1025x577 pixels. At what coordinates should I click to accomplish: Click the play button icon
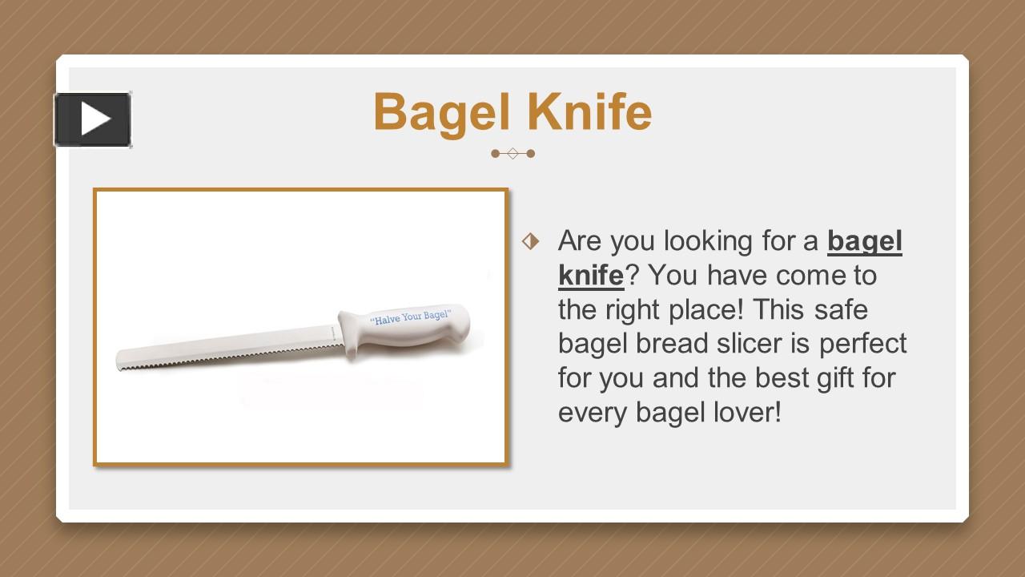93,120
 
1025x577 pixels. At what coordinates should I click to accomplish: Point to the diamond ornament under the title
512,153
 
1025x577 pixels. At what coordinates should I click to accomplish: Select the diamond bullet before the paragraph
530,240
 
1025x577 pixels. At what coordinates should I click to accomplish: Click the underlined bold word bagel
864,241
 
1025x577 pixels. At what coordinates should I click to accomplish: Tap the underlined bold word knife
590,275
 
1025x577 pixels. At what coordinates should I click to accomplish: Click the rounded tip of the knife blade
121,358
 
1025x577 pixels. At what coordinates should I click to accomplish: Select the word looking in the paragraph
709,241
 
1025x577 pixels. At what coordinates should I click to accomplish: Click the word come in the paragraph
804,275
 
